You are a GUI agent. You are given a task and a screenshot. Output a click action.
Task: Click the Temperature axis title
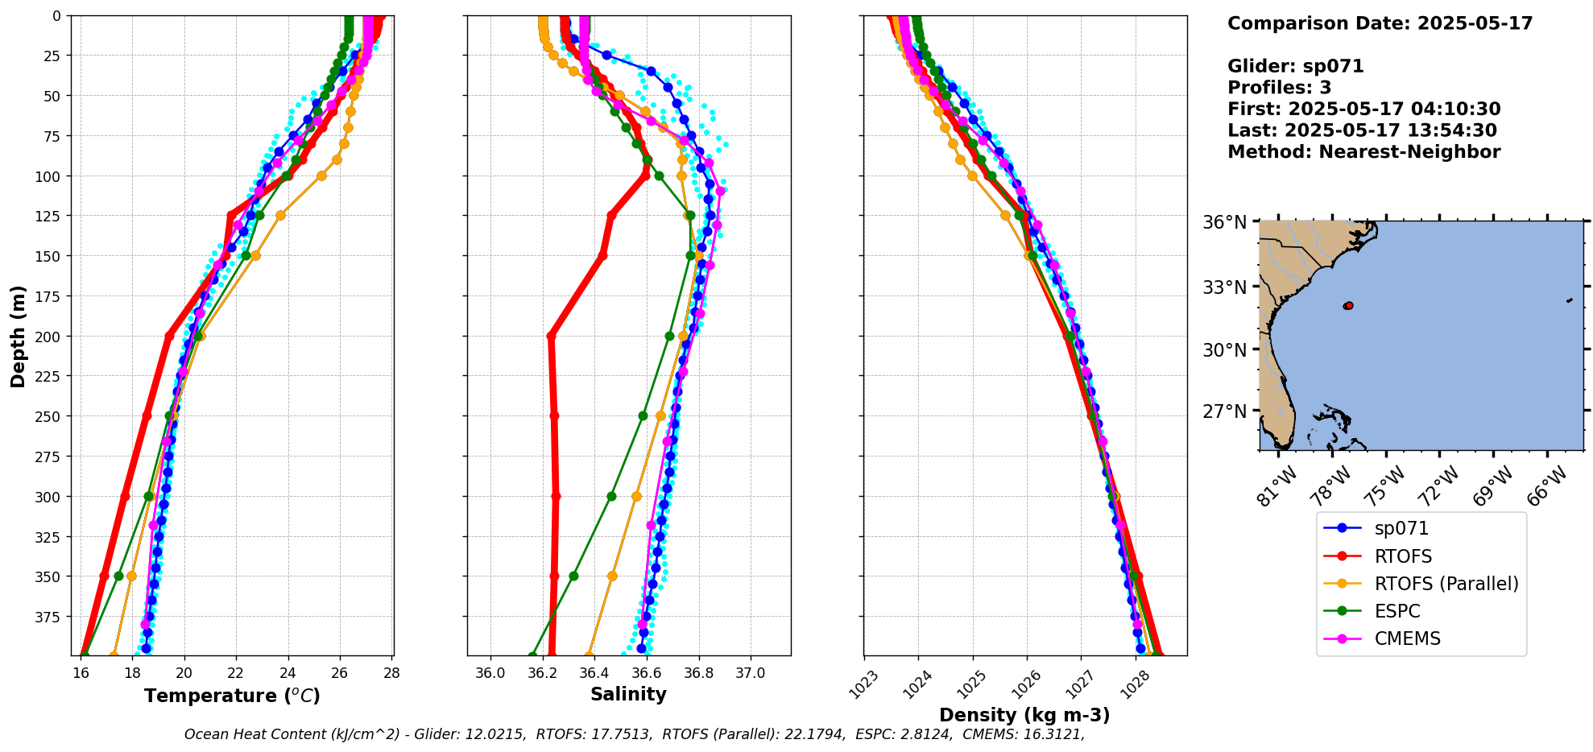click(232, 696)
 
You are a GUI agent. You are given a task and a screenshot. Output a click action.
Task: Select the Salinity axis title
click(628, 694)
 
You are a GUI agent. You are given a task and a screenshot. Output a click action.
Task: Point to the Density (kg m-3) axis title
click(1024, 715)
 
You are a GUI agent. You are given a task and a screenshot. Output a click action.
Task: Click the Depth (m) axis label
click(19, 336)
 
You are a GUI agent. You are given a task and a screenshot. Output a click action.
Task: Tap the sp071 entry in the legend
click(1401, 529)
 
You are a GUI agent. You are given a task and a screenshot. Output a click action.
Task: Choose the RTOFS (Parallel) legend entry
click(1446, 584)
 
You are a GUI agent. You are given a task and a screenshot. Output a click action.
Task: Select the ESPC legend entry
click(1397, 611)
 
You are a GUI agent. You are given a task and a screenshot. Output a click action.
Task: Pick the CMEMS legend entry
click(1407, 638)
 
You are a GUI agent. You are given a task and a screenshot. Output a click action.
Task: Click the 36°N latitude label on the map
click(1224, 222)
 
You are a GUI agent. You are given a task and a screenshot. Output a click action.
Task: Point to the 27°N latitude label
click(1224, 411)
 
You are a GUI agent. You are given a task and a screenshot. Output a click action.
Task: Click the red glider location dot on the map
click(1348, 306)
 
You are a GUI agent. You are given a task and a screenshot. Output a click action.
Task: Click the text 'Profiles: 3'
click(1279, 88)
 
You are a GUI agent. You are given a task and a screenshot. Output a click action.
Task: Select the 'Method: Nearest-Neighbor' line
click(1363, 152)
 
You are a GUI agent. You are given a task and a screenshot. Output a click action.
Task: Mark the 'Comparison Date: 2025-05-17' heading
click(1380, 23)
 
